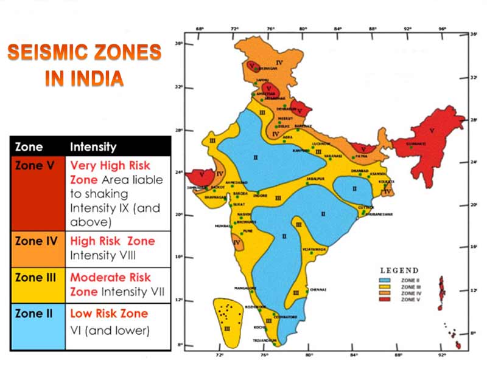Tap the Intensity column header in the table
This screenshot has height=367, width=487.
(93, 147)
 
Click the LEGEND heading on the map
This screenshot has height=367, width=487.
(399, 270)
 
